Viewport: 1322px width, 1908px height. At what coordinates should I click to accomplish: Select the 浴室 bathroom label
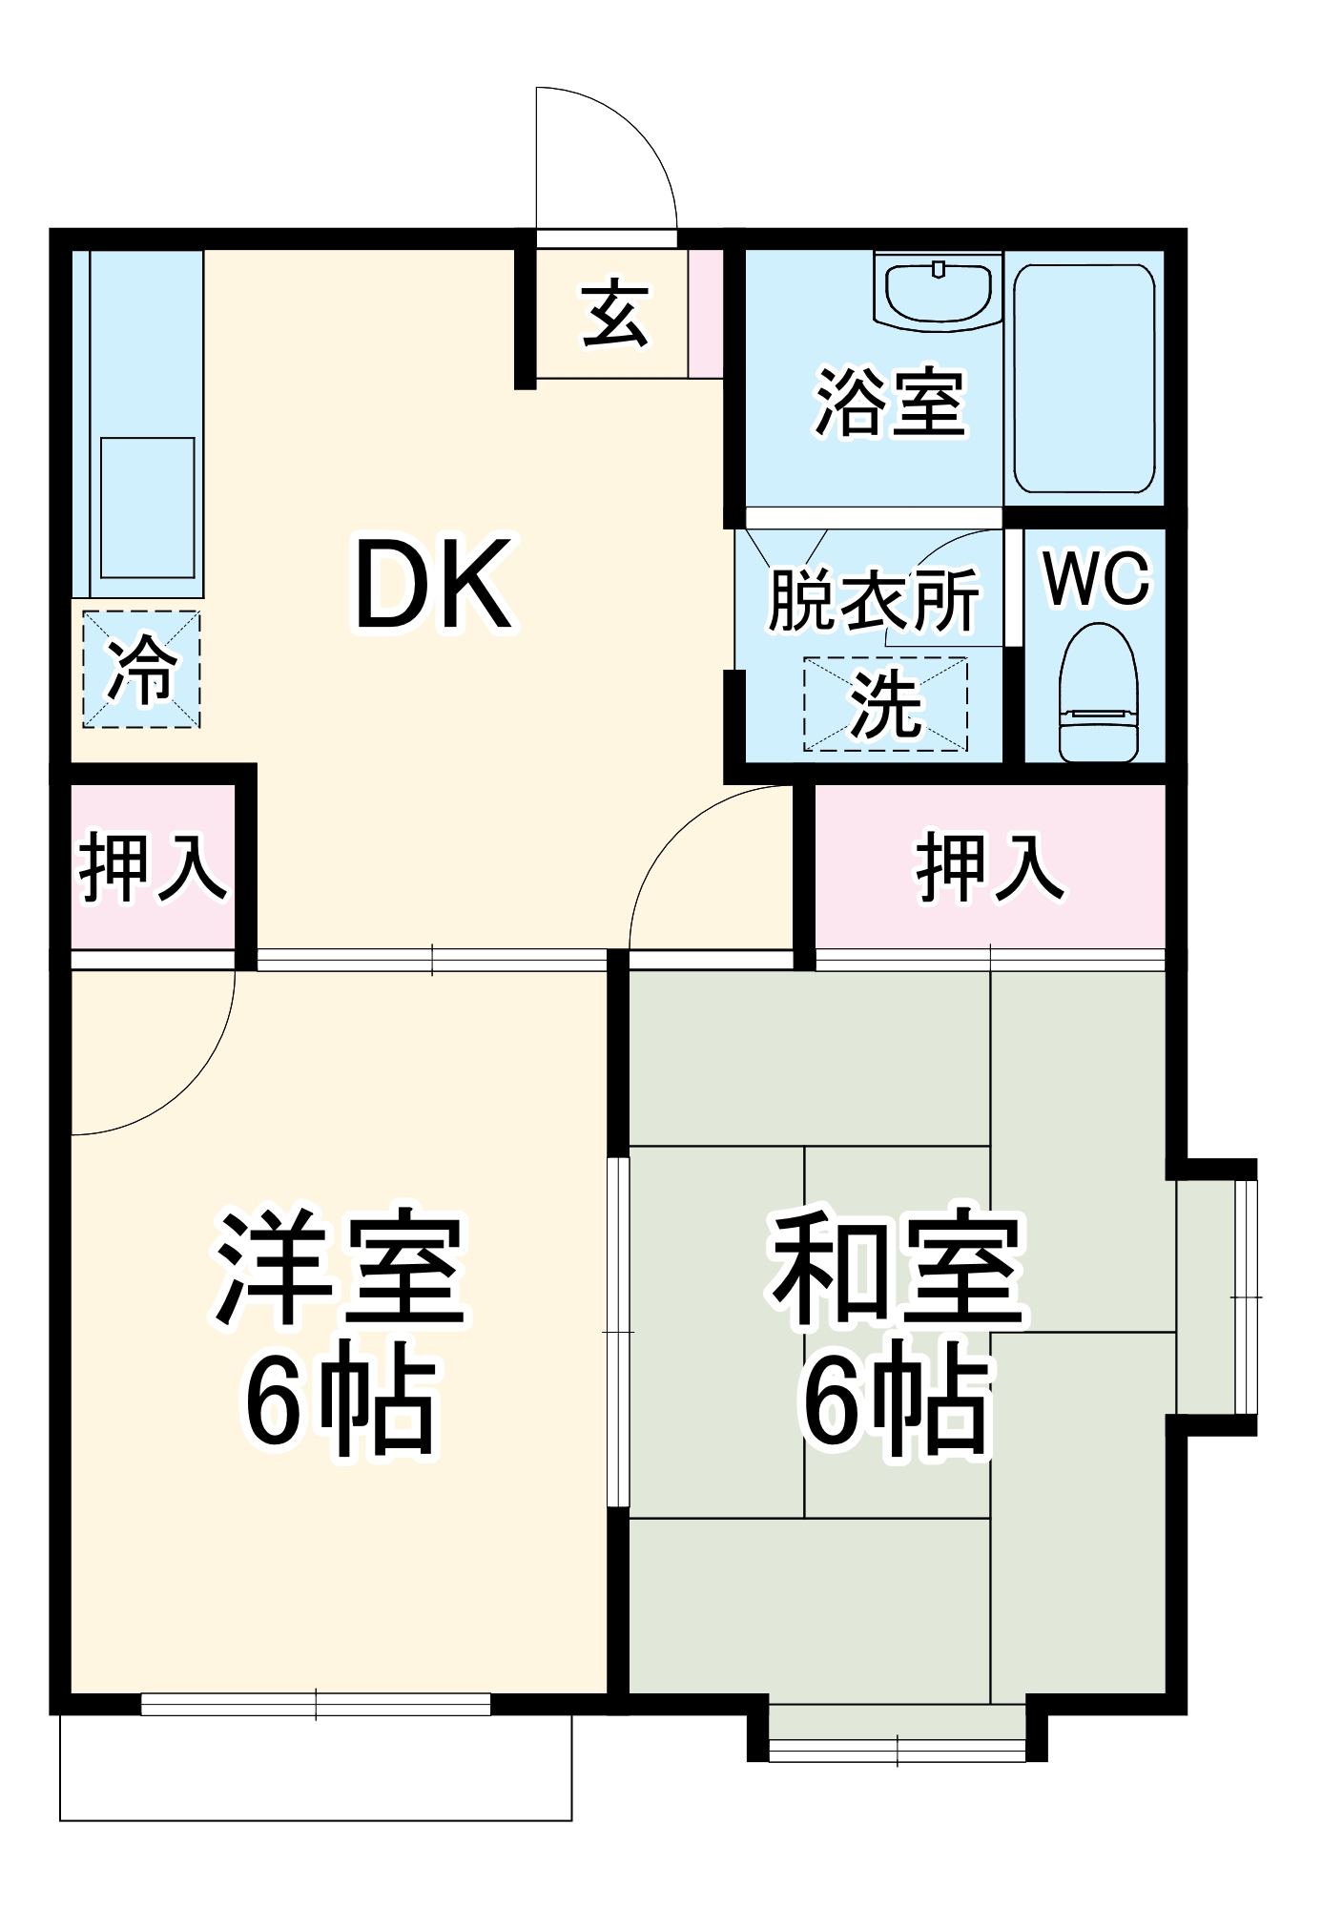(x=889, y=403)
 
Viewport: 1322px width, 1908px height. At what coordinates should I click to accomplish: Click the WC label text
(x=1097, y=578)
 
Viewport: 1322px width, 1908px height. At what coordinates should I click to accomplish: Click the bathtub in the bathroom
(x=1084, y=379)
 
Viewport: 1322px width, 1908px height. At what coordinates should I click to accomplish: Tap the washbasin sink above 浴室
(x=939, y=290)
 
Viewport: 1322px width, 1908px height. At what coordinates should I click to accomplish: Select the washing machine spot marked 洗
(x=885, y=703)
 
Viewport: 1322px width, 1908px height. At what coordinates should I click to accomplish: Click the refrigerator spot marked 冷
(x=141, y=670)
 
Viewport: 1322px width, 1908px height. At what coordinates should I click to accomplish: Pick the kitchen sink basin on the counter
(x=148, y=508)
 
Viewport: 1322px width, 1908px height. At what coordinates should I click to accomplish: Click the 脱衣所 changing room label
(x=873, y=600)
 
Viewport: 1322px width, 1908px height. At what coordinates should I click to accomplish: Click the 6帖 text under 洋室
(x=340, y=1400)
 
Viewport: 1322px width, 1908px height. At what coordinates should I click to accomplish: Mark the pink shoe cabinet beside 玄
(x=706, y=313)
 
